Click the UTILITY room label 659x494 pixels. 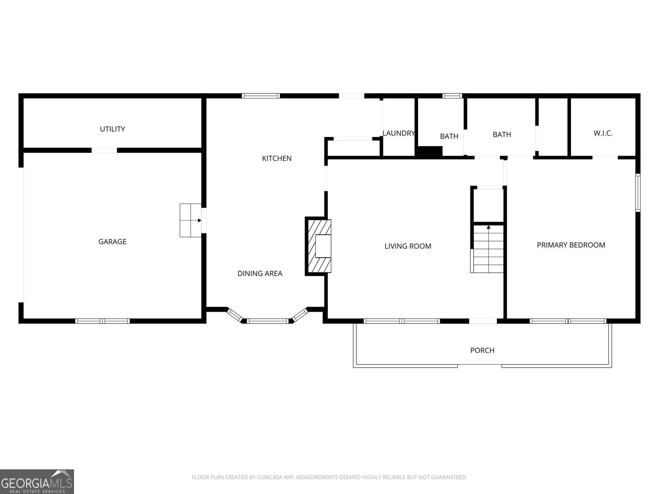pos(112,129)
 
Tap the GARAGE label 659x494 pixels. pos(112,242)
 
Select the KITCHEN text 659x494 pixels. pos(277,158)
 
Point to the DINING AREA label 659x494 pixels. pos(259,273)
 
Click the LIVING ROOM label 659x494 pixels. pos(408,246)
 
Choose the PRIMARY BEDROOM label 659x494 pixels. pos(571,245)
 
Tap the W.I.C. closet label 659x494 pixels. pos(603,133)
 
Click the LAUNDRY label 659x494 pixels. pos(398,133)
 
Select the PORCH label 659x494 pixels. pos(482,350)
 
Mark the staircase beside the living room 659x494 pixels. pos(488,249)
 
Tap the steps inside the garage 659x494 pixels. pos(190,220)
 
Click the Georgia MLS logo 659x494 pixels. pos(37,481)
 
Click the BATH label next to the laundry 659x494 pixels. pos(449,136)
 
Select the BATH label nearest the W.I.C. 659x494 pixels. pos(502,135)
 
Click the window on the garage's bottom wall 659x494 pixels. pos(103,321)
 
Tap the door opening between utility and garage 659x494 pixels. pos(104,150)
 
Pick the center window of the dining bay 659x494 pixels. pos(267,321)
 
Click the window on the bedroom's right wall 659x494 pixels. pos(638,193)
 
